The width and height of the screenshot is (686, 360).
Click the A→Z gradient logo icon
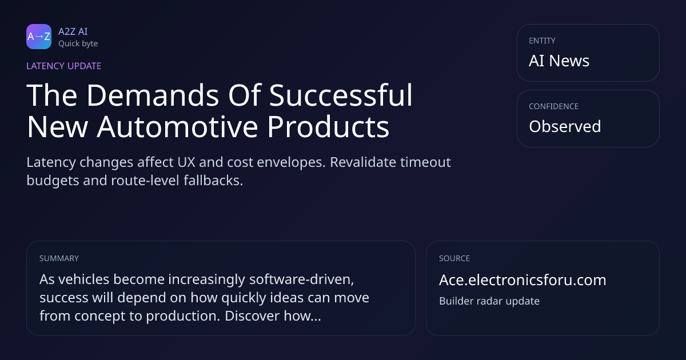coord(39,37)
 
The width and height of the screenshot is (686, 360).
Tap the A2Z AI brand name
coord(73,31)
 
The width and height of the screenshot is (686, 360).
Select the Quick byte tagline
coord(78,44)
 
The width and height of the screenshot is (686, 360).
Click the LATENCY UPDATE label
coord(63,66)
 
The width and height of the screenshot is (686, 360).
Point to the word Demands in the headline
coord(153,95)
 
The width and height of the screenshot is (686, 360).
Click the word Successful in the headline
coord(341,95)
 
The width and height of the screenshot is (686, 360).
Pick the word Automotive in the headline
coord(178,126)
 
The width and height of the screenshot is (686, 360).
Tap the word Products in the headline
coord(328,126)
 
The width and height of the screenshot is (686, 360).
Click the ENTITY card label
coord(542,41)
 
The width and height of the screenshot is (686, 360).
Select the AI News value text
coord(559,61)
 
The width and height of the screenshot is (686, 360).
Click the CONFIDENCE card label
coord(554,106)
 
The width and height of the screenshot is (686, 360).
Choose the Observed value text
coord(565,126)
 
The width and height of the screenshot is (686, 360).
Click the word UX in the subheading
coord(186,162)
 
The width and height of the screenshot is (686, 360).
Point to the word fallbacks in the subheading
coord(213,181)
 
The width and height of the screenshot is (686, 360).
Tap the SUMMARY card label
coord(59,258)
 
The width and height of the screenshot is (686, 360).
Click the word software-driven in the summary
coord(301,279)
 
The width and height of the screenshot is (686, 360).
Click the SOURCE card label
coord(454,258)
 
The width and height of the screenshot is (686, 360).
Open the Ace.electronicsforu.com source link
coord(523,280)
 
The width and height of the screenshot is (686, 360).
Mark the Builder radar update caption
coord(489,301)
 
